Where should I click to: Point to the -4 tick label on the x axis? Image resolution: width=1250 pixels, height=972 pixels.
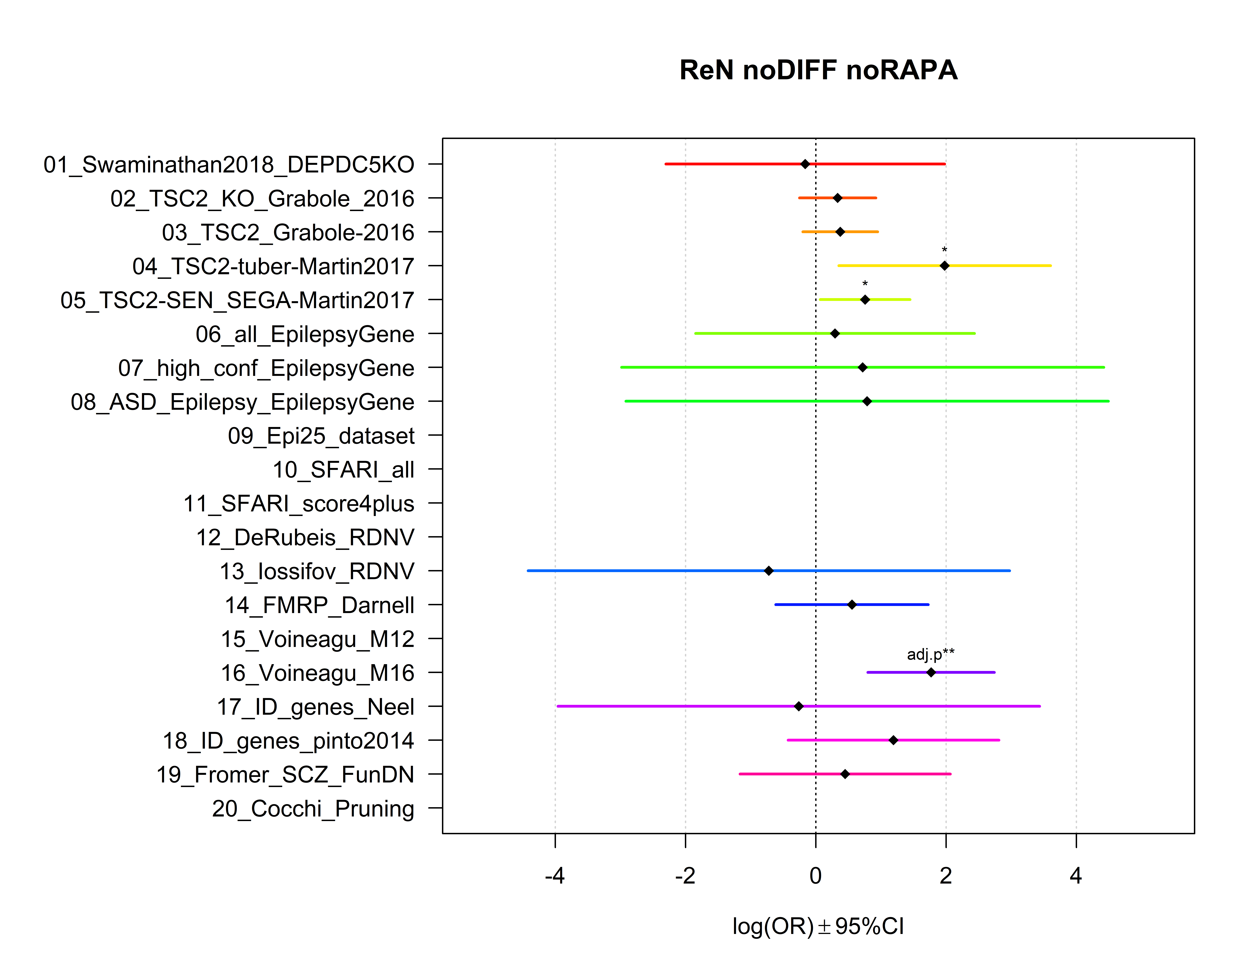[x=555, y=875]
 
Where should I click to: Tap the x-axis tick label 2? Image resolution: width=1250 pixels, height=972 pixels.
[x=946, y=875]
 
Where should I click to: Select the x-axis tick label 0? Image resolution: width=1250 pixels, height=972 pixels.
[x=816, y=875]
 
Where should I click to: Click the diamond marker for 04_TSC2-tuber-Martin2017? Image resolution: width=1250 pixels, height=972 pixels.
[x=944, y=265]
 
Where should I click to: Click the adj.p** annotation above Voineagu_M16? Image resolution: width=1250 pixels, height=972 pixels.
[x=931, y=654]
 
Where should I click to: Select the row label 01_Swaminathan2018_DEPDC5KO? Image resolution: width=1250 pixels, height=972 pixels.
[x=229, y=165]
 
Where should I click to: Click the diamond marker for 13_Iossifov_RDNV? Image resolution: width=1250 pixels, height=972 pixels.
[x=769, y=570]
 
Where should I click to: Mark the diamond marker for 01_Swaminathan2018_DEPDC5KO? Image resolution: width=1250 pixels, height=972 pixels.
[x=805, y=164]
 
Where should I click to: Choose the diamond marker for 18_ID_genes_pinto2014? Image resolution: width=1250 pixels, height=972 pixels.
[x=893, y=740]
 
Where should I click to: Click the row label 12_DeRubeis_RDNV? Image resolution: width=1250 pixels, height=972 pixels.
[x=305, y=538]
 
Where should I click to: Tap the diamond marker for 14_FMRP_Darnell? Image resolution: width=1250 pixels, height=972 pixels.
[x=852, y=605]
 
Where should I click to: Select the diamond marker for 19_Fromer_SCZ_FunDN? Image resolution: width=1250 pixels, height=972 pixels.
[x=845, y=774]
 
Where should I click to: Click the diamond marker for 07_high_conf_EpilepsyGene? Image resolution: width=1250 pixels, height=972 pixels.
[x=862, y=367]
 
